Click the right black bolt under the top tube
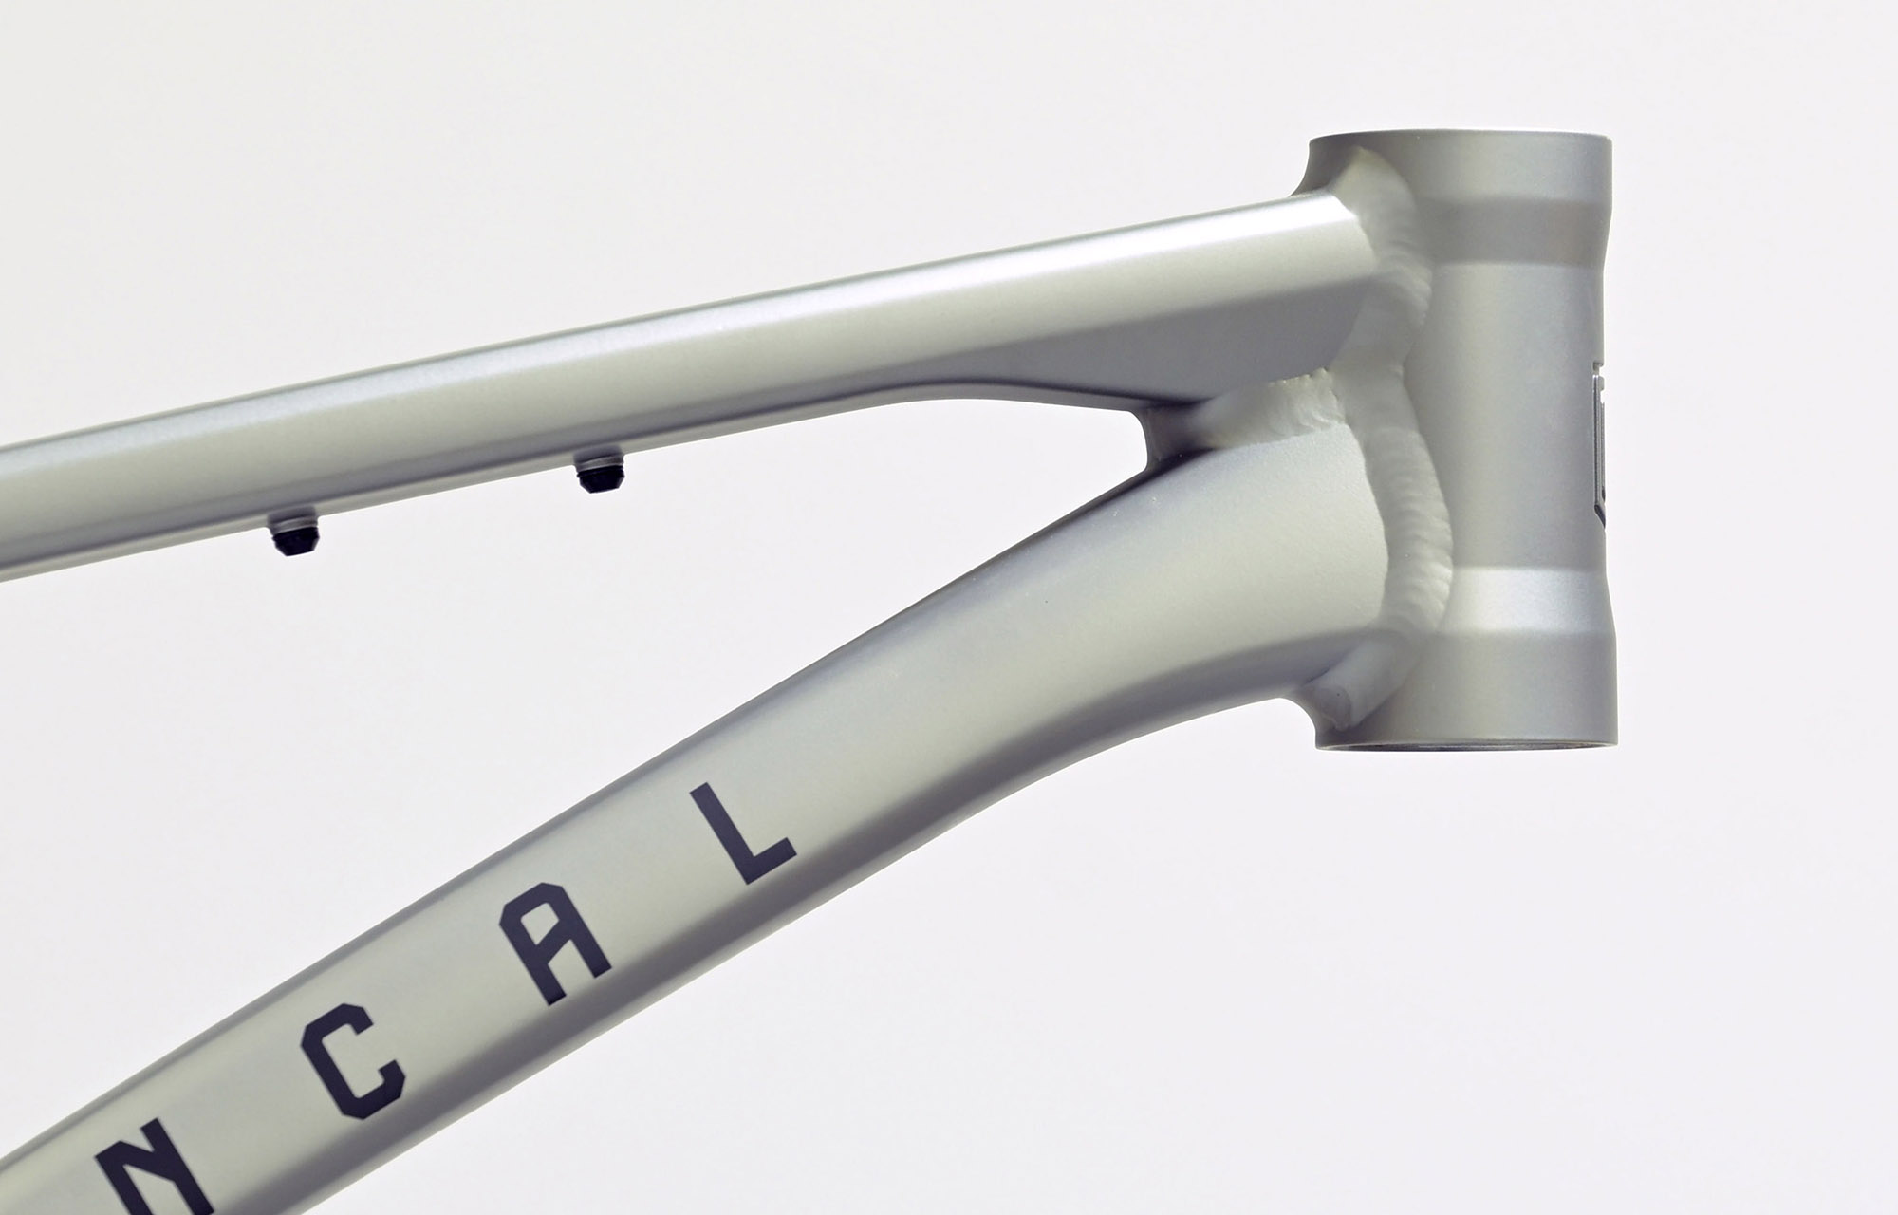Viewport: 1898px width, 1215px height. (596, 473)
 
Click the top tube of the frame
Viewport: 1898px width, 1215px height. (664, 370)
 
